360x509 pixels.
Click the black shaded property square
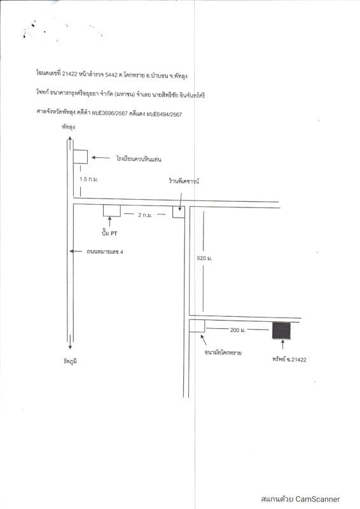(281, 330)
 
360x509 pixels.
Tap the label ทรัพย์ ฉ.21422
(289, 359)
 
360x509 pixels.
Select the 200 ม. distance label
(238, 330)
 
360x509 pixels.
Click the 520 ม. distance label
(205, 258)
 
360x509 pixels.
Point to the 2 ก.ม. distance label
(145, 215)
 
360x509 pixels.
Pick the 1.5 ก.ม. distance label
(88, 179)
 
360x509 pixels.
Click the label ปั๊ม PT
(109, 233)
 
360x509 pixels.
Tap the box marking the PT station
(112, 211)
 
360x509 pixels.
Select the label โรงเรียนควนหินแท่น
(139, 158)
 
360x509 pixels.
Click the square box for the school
(80, 157)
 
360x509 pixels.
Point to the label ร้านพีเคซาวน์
(184, 181)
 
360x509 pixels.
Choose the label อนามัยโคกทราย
(223, 352)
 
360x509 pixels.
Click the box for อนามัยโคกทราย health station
(197, 326)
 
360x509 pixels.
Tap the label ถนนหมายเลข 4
(105, 251)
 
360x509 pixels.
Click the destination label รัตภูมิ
(71, 361)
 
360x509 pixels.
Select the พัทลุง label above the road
(68, 127)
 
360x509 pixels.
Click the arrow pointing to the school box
(100, 158)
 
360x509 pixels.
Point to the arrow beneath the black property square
(282, 344)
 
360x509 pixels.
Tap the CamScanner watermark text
(300, 499)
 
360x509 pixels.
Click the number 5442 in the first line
(111, 74)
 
